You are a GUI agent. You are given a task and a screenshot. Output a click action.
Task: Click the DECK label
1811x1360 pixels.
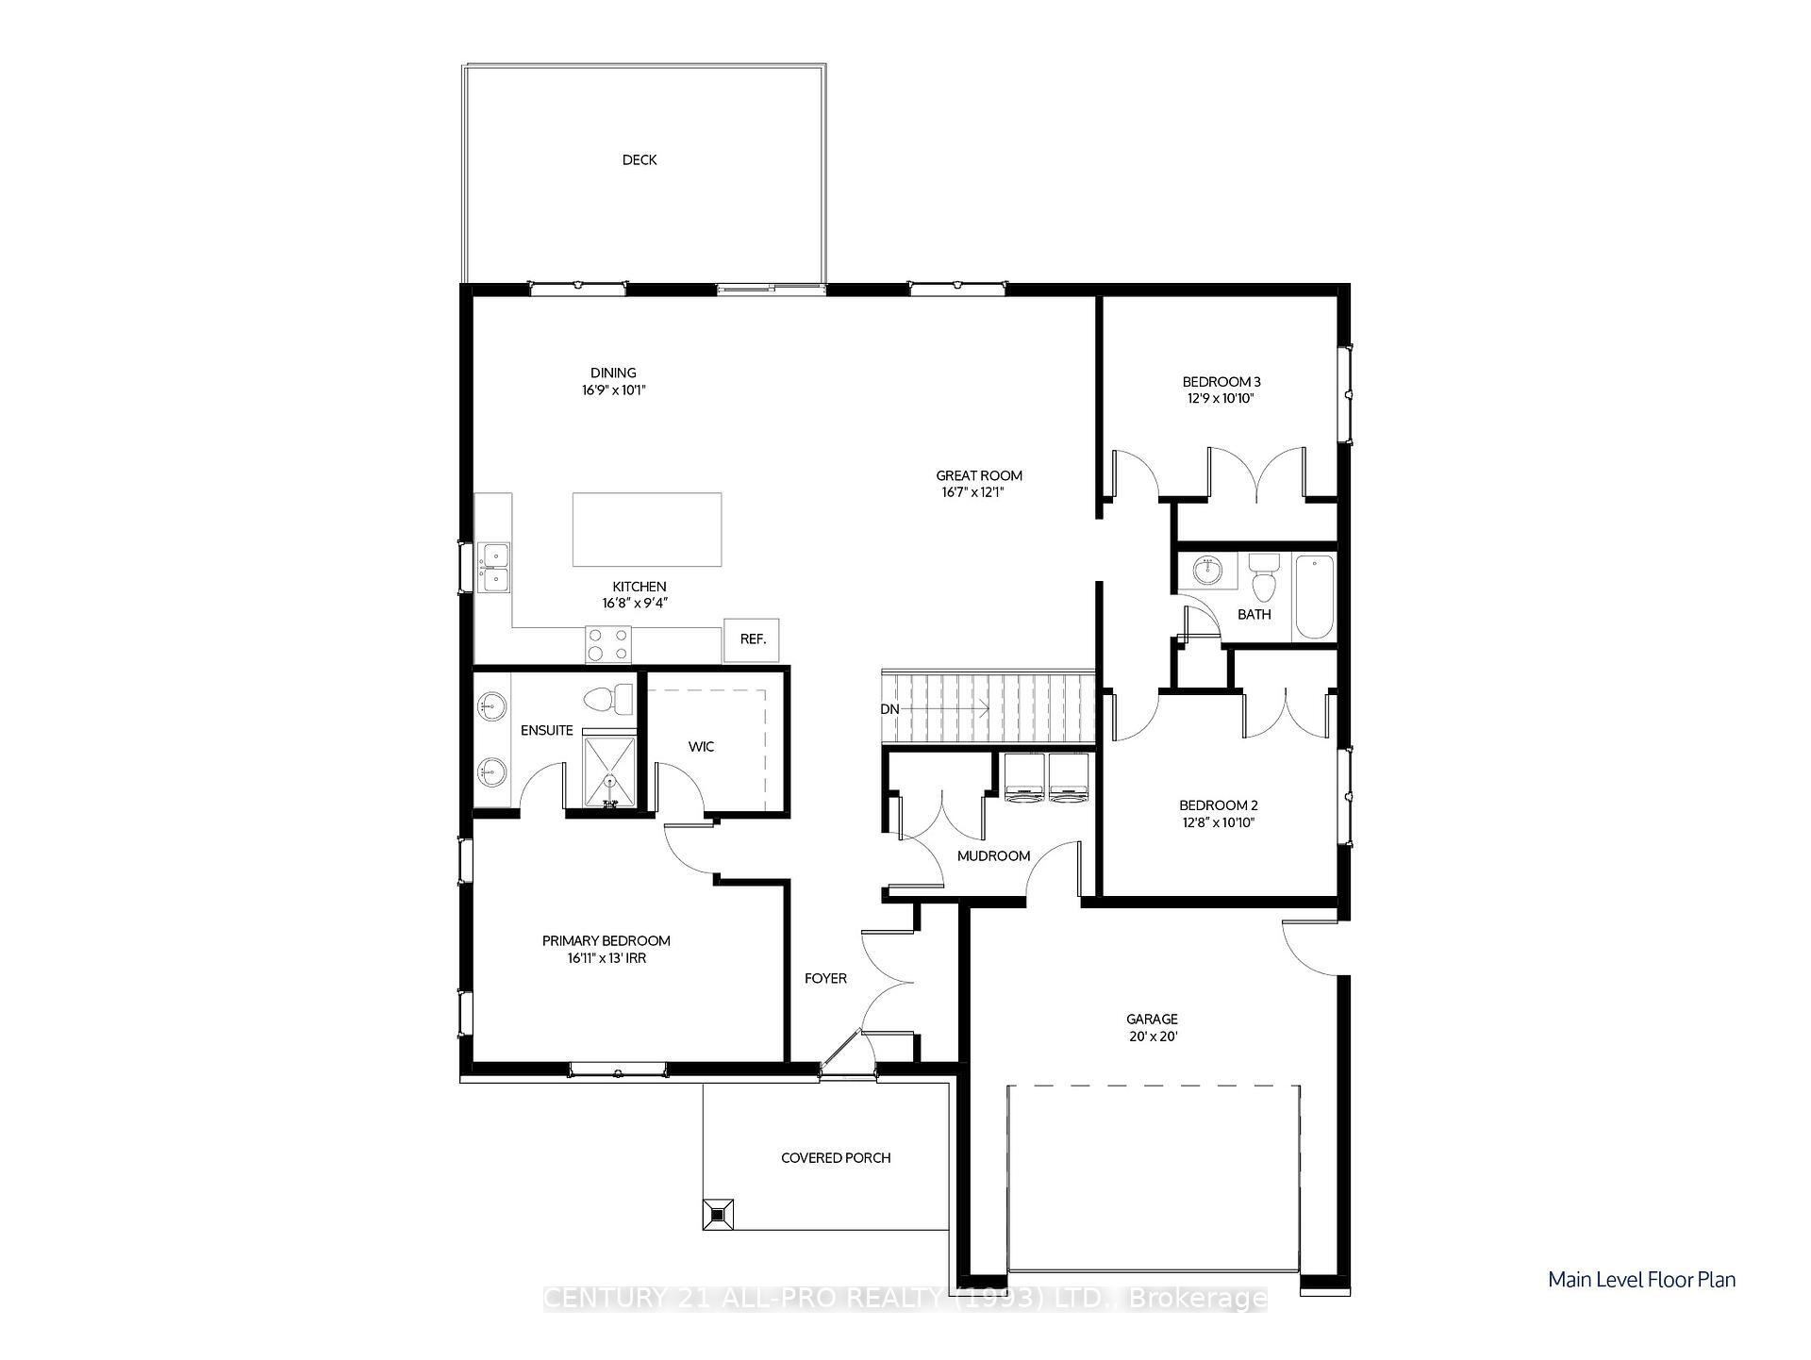click(x=640, y=160)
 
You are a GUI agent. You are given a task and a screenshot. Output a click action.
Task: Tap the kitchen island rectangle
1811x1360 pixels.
click(x=647, y=529)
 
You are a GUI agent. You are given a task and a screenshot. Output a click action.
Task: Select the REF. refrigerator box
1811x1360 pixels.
click(x=752, y=639)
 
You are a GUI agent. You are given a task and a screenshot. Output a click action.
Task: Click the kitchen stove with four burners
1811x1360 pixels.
click(x=608, y=645)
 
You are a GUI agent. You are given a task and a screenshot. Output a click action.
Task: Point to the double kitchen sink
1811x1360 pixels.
click(x=493, y=568)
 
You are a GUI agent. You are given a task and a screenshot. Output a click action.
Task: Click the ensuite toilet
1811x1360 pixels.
click(x=609, y=699)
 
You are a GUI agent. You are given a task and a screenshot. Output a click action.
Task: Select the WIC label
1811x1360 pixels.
click(x=701, y=747)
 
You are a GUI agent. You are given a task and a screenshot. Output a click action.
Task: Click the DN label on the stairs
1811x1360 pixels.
click(x=889, y=709)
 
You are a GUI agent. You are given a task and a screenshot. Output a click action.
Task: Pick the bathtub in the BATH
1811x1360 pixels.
click(x=1314, y=598)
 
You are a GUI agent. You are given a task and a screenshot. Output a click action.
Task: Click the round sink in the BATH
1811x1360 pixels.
click(x=1207, y=571)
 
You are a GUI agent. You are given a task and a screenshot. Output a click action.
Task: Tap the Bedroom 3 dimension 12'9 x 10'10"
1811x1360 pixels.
click(x=1221, y=399)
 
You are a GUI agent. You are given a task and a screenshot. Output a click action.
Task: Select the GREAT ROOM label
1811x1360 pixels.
click(x=979, y=476)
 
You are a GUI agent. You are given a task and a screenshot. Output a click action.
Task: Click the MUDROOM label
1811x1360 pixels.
click(x=993, y=856)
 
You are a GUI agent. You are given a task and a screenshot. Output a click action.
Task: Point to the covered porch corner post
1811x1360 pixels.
click(x=718, y=1214)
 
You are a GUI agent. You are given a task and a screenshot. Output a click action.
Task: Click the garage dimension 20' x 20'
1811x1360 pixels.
click(x=1152, y=1037)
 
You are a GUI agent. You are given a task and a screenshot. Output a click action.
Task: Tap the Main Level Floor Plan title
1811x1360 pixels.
click(x=1641, y=1280)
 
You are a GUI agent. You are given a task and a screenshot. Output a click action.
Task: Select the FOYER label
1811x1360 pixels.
click(x=825, y=979)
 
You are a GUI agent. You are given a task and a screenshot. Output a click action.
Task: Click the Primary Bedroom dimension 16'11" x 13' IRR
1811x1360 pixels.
click(x=606, y=958)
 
